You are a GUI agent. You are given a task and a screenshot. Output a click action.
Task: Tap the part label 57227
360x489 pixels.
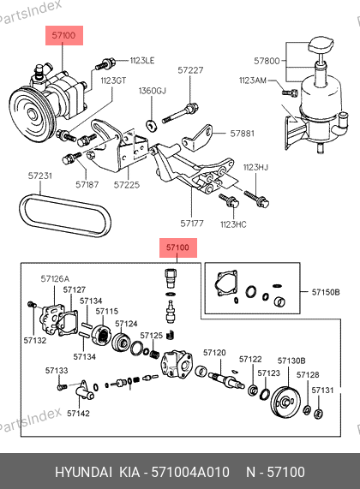[190, 70]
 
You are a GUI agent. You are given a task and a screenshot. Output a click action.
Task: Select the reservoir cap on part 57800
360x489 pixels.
[321, 45]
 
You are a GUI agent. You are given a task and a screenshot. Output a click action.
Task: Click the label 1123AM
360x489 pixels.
[253, 81]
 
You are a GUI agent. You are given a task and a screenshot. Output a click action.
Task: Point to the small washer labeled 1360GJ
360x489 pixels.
[152, 124]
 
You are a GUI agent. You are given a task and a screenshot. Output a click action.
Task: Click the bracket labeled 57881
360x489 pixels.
[197, 138]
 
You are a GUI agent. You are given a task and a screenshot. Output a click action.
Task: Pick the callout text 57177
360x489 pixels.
[192, 224]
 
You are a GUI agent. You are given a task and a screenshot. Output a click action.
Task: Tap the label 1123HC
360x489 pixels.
[233, 224]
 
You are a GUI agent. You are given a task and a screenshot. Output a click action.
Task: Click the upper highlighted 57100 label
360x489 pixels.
[64, 35]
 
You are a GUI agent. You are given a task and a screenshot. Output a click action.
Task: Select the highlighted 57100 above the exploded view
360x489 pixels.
[178, 247]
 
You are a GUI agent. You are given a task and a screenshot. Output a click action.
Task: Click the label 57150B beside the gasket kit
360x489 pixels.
[326, 292]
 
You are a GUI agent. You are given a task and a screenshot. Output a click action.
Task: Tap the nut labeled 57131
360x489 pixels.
[319, 414]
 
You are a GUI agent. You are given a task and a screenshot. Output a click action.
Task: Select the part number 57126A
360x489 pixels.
[55, 278]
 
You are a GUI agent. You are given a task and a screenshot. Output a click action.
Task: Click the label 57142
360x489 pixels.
[78, 414]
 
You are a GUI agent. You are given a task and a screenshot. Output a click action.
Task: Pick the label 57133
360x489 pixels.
[57, 371]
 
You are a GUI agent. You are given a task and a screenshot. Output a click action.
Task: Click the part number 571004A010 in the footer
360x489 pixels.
[190, 472]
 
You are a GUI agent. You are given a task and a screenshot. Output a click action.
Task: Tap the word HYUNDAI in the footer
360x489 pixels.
[83, 472]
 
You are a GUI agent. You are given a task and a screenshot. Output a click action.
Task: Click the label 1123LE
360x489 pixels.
[142, 60]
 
